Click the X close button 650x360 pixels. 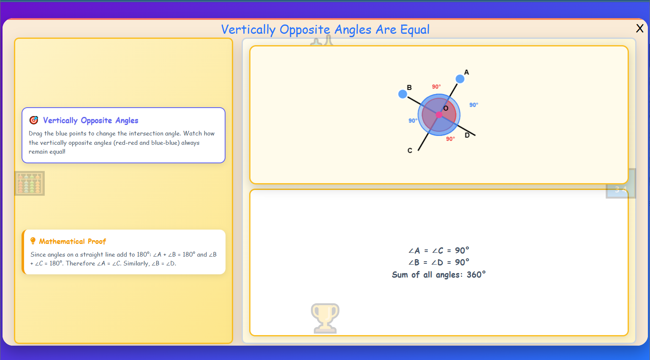pyautogui.click(x=639, y=28)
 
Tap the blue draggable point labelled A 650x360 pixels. pyautogui.click(x=460, y=79)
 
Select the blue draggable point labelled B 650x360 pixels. pyautogui.click(x=403, y=94)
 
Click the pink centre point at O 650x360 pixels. pyautogui.click(x=439, y=115)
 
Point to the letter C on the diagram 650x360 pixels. pyautogui.click(x=410, y=151)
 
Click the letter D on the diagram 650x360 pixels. pyautogui.click(x=467, y=135)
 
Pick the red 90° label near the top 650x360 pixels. pyautogui.click(x=436, y=87)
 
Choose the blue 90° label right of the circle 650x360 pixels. pyautogui.click(x=474, y=105)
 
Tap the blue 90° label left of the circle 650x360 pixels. pyautogui.click(x=413, y=121)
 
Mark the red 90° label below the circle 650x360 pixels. pyautogui.click(x=451, y=139)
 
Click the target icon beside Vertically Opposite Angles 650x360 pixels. pyautogui.click(x=34, y=120)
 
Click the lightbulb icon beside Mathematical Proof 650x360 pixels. pyautogui.click(x=33, y=241)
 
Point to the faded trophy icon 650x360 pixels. pyautogui.click(x=325, y=318)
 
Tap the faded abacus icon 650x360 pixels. pyautogui.click(x=30, y=183)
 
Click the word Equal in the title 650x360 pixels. pyautogui.click(x=415, y=30)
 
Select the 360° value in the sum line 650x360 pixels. pyautogui.click(x=476, y=275)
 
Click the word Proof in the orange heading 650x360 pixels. pyautogui.click(x=97, y=241)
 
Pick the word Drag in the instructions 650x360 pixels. pyautogui.click(x=35, y=133)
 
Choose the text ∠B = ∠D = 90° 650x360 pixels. pyautogui.click(x=439, y=263)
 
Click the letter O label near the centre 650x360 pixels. pyautogui.click(x=446, y=108)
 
